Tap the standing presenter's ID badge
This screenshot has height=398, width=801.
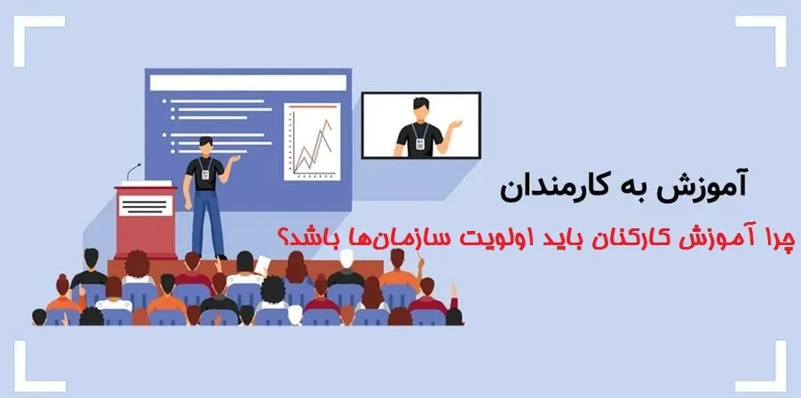[204, 174]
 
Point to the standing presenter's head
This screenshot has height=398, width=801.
[205, 144]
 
